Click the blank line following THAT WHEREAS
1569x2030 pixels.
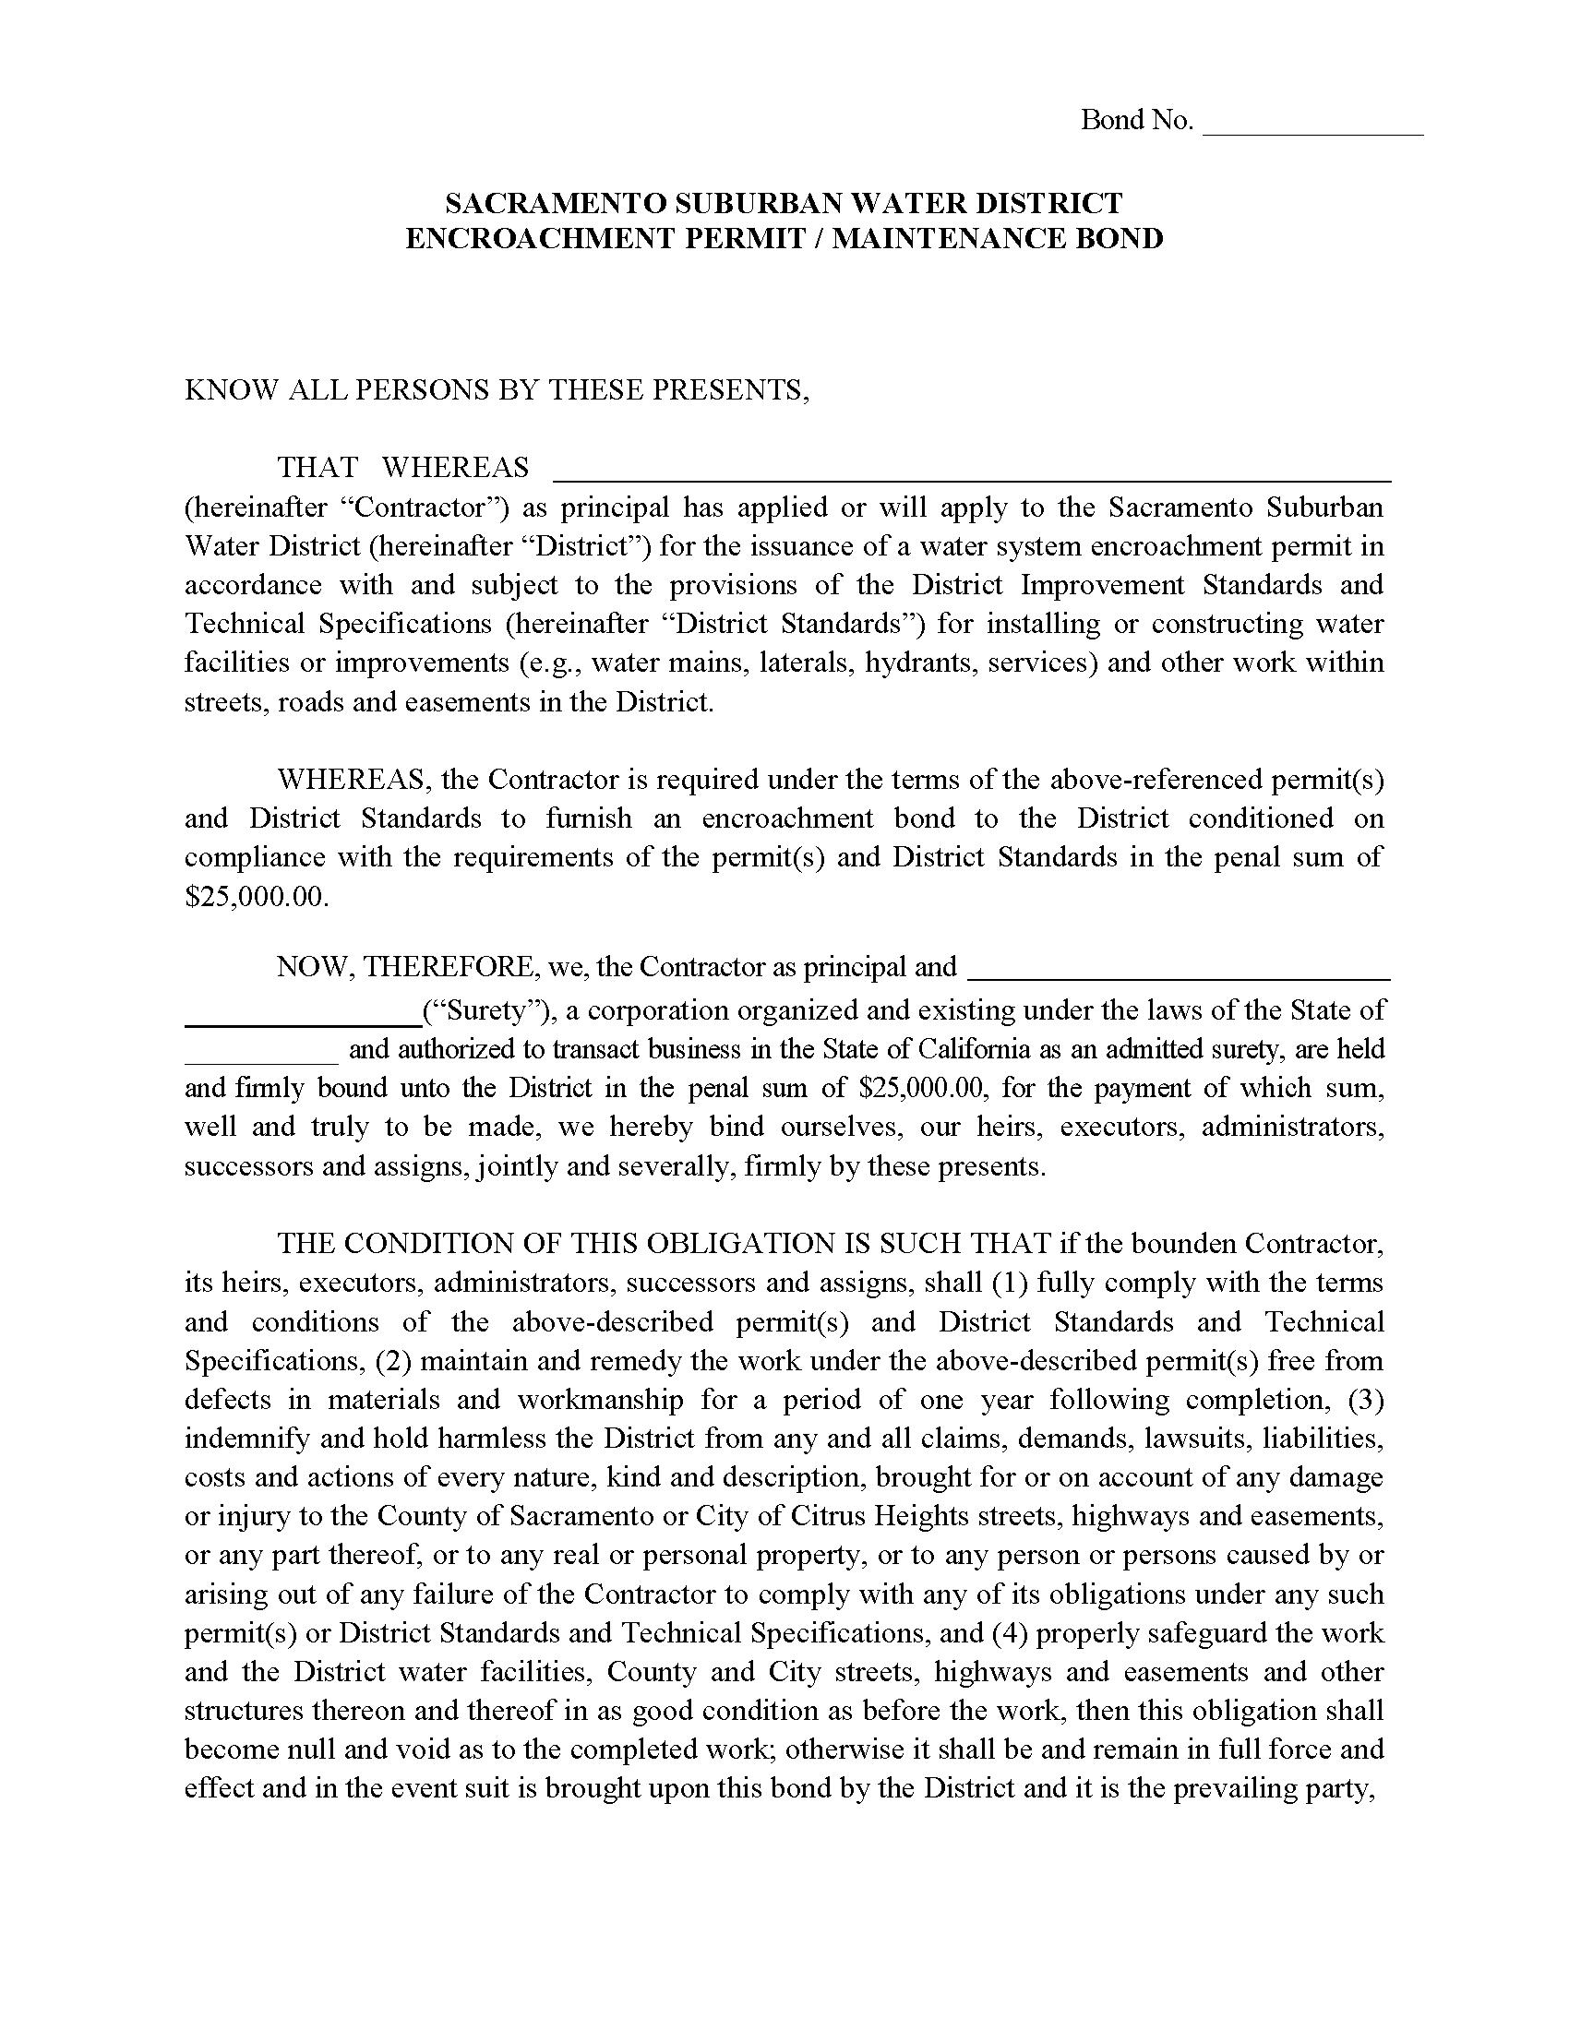point(971,476)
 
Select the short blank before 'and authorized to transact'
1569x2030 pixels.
point(261,1058)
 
